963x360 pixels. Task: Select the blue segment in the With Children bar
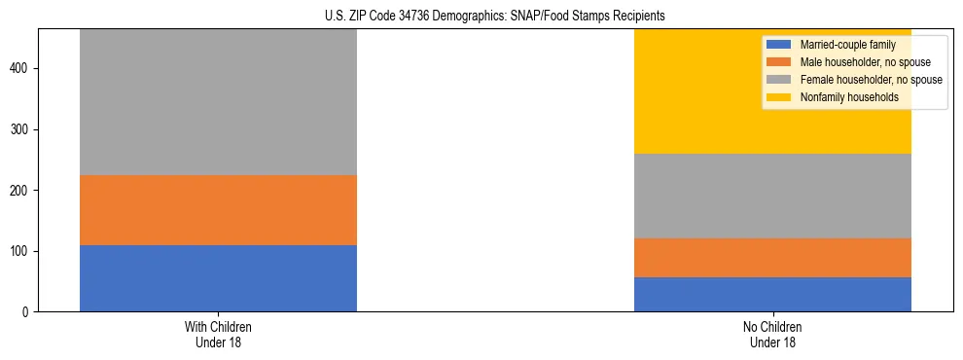pyautogui.click(x=218, y=278)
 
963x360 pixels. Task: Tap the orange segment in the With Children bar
pyautogui.click(x=218, y=210)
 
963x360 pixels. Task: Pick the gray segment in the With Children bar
pyautogui.click(x=218, y=102)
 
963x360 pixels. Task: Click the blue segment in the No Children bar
pyautogui.click(x=772, y=294)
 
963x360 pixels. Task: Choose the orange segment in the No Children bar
pyautogui.click(x=772, y=258)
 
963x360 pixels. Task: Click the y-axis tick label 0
pyautogui.click(x=27, y=312)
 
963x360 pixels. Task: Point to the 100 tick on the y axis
pyautogui.click(x=21, y=251)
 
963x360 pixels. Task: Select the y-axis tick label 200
pyautogui.click(x=21, y=191)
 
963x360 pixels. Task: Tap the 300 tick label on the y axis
pyautogui.click(x=21, y=129)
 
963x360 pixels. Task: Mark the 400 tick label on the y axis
pyautogui.click(x=21, y=69)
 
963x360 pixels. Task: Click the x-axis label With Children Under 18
pyautogui.click(x=218, y=335)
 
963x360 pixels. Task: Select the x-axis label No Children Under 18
pyautogui.click(x=772, y=335)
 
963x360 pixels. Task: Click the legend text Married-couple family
pyautogui.click(x=847, y=45)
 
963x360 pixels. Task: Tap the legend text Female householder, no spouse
pyautogui.click(x=871, y=80)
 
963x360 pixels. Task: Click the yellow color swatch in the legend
pyautogui.click(x=779, y=97)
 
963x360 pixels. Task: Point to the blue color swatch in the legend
pyautogui.click(x=779, y=45)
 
